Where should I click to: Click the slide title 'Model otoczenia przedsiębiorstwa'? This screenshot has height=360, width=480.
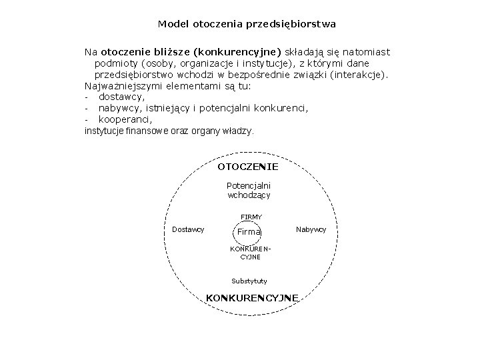click(247, 24)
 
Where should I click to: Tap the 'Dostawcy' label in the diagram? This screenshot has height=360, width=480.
click(188, 229)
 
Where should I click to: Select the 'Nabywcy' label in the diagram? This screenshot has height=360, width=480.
click(311, 229)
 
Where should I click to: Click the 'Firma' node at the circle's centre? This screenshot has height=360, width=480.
click(249, 231)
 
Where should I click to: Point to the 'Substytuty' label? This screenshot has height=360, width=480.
click(249, 281)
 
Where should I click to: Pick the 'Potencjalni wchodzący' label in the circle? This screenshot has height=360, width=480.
click(249, 191)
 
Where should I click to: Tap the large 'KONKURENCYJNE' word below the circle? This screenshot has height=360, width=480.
click(252, 297)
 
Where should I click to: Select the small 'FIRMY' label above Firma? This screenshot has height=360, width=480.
click(251, 217)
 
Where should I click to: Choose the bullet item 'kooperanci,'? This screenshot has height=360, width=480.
click(125, 119)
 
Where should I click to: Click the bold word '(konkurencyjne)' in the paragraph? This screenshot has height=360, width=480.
click(237, 51)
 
